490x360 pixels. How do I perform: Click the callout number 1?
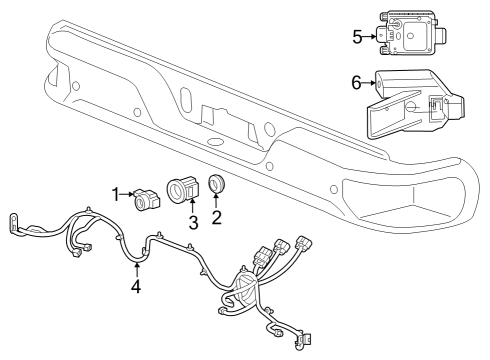point(114,192)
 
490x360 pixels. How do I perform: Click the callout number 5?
point(357,38)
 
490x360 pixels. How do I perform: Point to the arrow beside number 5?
point(371,38)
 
